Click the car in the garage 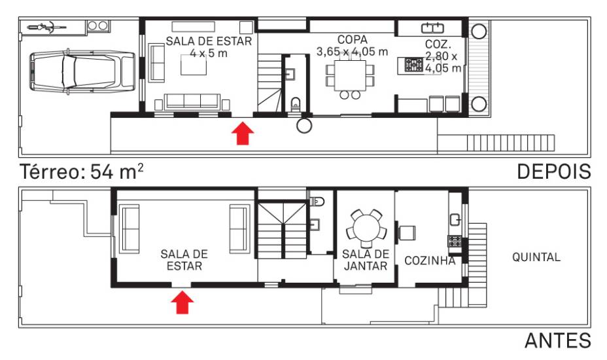click(x=82, y=72)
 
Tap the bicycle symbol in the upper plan click(x=47, y=27)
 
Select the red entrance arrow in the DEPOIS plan click(x=243, y=134)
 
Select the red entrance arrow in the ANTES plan click(x=182, y=302)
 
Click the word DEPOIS click(x=554, y=171)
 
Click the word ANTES click(x=558, y=340)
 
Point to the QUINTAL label click(x=536, y=257)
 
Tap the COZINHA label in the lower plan click(x=430, y=261)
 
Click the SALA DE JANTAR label click(x=366, y=260)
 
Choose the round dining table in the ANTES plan click(x=366, y=228)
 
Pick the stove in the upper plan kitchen click(x=414, y=65)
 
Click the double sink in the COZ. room click(x=432, y=28)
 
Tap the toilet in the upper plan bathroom click(x=296, y=104)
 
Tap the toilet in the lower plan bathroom click(x=317, y=201)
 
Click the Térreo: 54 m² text click(x=81, y=171)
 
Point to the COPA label click(x=353, y=39)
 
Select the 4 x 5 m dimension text click(x=209, y=53)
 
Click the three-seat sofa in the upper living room click(x=192, y=101)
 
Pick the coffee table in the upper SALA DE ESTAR click(x=194, y=65)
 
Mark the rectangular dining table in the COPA click(x=351, y=75)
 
